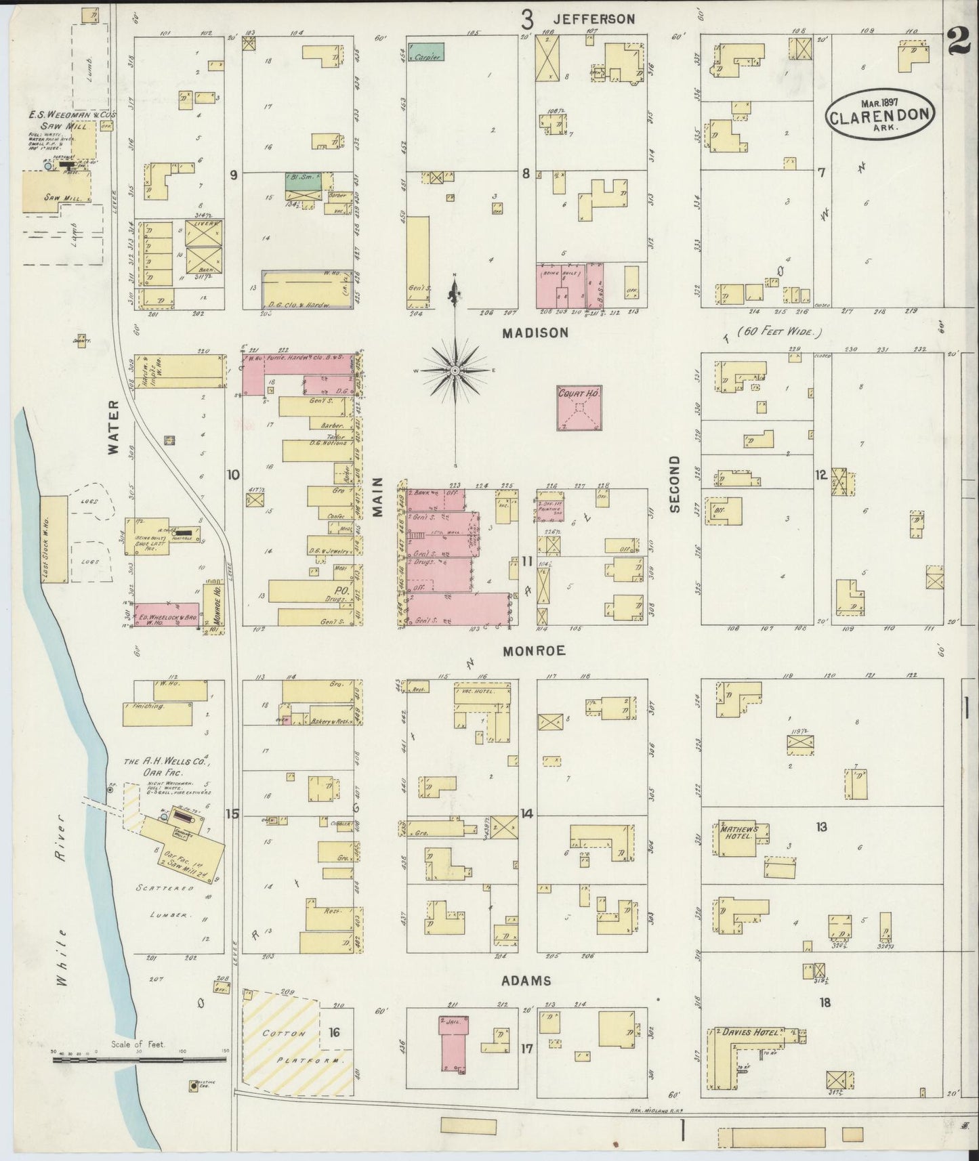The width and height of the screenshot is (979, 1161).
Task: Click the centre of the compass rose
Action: (455, 371)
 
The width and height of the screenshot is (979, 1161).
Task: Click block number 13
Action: (821, 826)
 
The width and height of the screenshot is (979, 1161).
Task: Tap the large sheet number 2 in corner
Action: (959, 43)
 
